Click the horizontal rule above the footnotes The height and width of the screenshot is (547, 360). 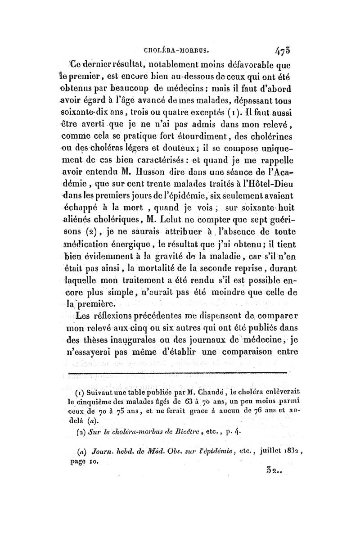(178, 373)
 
